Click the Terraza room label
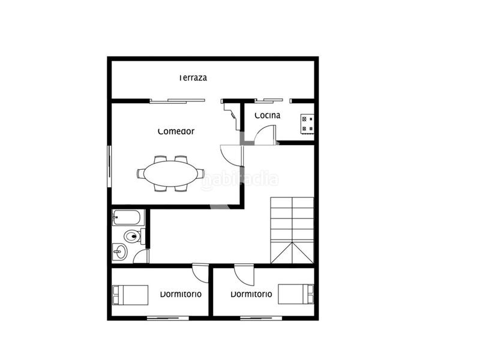[193, 78]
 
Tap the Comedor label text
[176, 131]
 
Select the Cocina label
[266, 115]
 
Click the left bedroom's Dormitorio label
[181, 294]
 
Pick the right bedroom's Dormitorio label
[251, 294]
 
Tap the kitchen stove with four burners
[307, 124]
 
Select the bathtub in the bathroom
[127, 217]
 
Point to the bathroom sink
[121, 252]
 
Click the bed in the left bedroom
[130, 295]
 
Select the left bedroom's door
[200, 271]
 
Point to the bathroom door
[141, 257]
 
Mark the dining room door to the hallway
[231, 155]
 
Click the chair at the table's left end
[140, 174]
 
